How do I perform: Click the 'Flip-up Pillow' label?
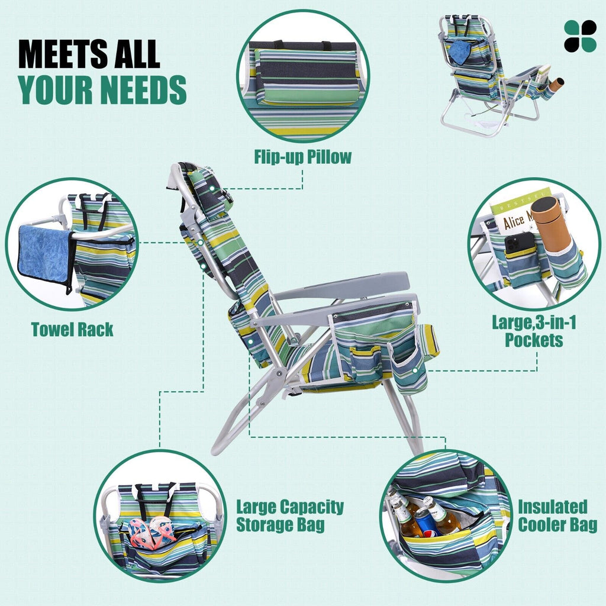coord(302,157)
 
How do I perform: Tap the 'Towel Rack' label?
coord(72,330)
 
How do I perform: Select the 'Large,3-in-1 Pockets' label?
coord(534,331)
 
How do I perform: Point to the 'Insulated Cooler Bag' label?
coord(557,515)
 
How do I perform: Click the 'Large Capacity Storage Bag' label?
coord(290,515)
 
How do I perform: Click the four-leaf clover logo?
coord(580,36)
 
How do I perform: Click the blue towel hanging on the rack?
coord(45,256)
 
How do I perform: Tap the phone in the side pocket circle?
coord(520,243)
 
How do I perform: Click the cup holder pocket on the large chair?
coord(410,369)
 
